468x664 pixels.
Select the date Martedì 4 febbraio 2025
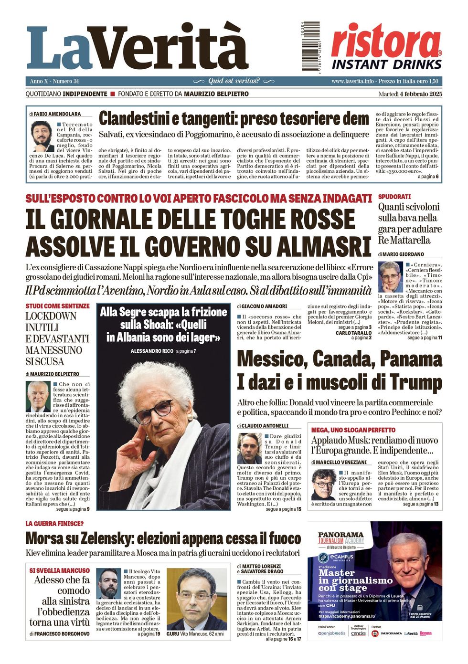pos(410,94)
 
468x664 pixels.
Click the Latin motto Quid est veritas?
pos(234,81)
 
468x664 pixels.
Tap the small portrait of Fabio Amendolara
pos(42,136)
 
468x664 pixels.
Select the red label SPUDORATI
pos(394,197)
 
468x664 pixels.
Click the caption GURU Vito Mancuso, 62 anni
pos(195,634)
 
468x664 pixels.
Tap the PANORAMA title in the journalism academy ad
pos(340,535)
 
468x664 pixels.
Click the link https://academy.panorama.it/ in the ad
pos(347,616)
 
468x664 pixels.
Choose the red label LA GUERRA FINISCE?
pos(54,524)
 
